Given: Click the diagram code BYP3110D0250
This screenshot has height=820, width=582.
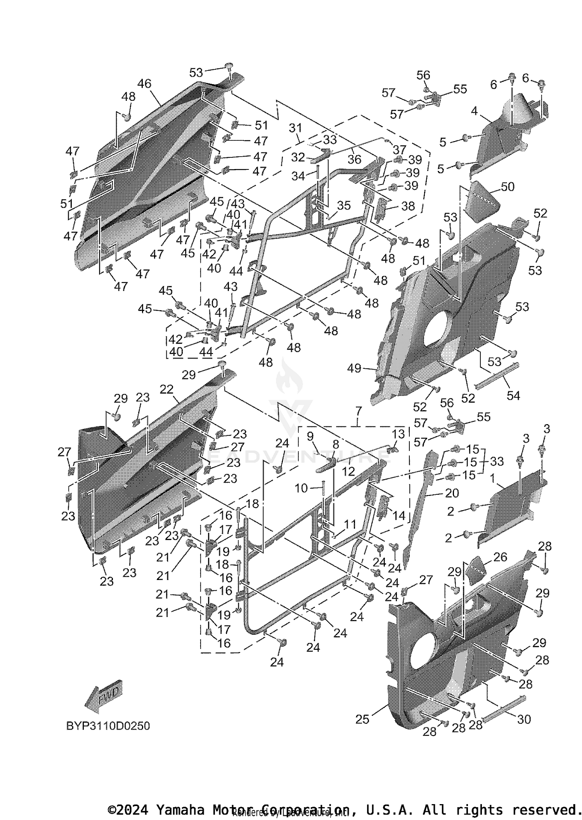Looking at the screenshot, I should click(x=108, y=726).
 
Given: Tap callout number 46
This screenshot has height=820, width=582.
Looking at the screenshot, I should click(x=144, y=83).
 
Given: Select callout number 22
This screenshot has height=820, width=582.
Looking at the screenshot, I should click(x=166, y=389).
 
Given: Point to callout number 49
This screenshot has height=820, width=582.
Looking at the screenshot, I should click(x=354, y=368).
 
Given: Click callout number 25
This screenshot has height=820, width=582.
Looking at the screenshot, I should click(x=362, y=719).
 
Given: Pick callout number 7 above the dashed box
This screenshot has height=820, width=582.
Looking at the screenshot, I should click(x=358, y=410).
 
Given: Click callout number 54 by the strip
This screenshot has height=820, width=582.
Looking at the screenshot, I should click(x=513, y=395).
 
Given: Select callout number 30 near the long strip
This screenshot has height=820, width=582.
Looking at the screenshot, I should click(x=524, y=719).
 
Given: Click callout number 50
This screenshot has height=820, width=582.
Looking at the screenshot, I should click(x=508, y=187).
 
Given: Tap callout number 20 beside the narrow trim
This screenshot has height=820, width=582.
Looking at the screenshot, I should click(x=452, y=493).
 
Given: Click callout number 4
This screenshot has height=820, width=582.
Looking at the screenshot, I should click(x=474, y=111).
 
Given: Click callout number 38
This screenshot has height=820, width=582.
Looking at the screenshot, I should click(x=408, y=206).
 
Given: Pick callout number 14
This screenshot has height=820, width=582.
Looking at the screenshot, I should click(x=398, y=515).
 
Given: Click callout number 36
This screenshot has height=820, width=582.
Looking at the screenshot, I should click(x=354, y=159).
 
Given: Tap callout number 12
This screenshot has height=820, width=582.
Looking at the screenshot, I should click(x=348, y=471).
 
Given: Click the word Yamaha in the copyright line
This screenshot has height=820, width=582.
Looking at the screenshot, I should click(x=180, y=810).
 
